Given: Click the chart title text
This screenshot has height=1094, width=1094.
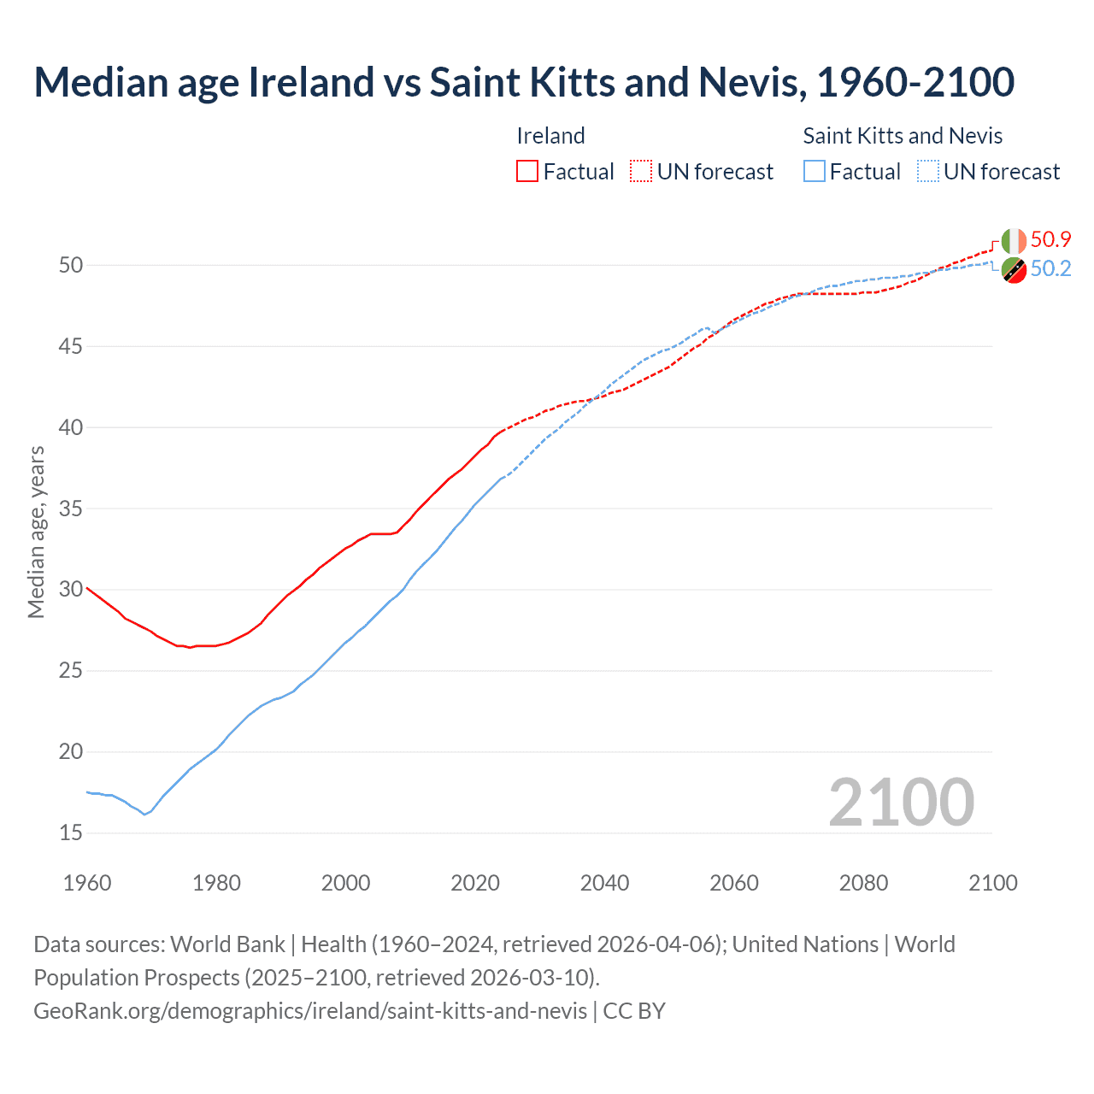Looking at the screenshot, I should point(524,82).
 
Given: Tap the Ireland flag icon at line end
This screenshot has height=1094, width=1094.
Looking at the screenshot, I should point(1014,241).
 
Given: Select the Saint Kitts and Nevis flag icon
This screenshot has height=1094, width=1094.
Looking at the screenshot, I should point(1014,269).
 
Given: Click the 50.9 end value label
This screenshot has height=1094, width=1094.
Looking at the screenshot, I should point(1050,239).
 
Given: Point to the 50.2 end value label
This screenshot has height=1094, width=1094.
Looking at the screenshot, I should point(1050,268).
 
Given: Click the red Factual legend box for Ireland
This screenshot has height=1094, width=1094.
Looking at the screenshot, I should point(527,172).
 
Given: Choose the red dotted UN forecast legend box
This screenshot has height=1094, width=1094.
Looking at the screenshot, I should point(641,172).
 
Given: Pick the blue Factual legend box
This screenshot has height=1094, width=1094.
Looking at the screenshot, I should point(815,172).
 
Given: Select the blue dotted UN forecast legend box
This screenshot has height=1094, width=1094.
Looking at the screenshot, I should point(928,172).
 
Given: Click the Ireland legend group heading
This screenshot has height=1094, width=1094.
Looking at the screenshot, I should point(550,136).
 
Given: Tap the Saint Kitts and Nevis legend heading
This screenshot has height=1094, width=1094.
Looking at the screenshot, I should point(903,136).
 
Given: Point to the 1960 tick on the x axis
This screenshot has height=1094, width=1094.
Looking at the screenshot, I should point(87,883).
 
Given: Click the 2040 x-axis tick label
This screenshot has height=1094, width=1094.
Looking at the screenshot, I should point(604,883).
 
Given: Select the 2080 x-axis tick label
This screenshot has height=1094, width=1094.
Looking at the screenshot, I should point(863,883).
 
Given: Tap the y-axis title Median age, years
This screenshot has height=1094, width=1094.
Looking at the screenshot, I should point(36,532).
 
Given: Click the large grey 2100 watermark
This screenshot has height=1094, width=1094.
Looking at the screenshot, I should point(901,802).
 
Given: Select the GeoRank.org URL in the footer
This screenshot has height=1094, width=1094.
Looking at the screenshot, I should point(310,1010).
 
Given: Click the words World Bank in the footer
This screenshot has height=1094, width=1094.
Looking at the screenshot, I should point(227,944).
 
